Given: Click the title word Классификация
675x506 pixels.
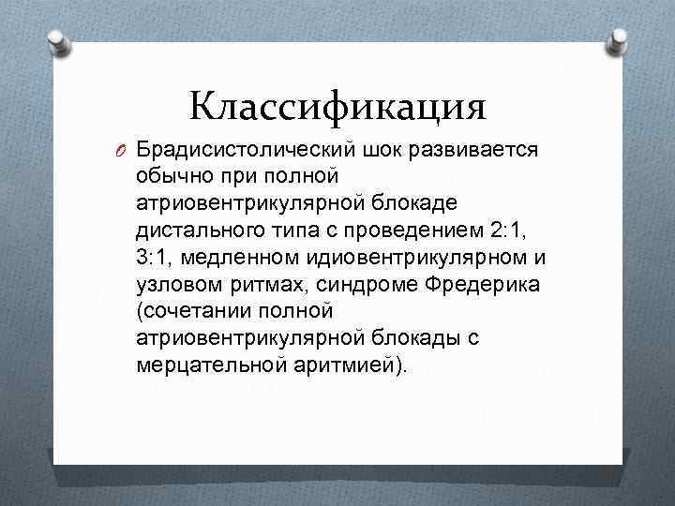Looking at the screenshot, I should pyautogui.click(x=337, y=105).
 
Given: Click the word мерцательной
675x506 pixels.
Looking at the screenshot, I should pyautogui.click(x=205, y=365).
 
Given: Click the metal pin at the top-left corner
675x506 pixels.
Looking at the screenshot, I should pyautogui.click(x=57, y=42).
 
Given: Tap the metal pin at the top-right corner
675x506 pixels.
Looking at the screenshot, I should pyautogui.click(x=619, y=41).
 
